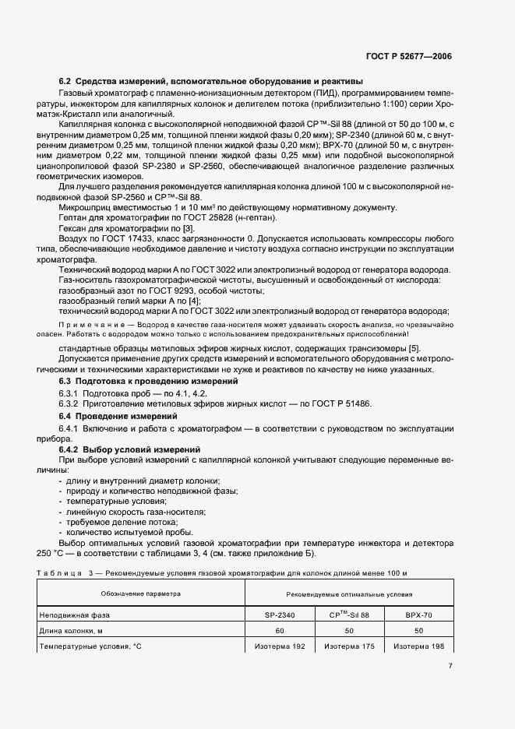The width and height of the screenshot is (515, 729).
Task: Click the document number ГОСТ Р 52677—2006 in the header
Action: click(x=410, y=57)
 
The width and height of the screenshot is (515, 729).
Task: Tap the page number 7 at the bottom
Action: click(x=450, y=666)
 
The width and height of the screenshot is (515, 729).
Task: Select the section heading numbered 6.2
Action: click(x=210, y=82)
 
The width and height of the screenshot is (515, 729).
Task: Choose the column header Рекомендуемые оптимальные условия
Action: click(x=347, y=593)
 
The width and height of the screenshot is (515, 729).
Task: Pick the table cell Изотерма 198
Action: click(x=418, y=646)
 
